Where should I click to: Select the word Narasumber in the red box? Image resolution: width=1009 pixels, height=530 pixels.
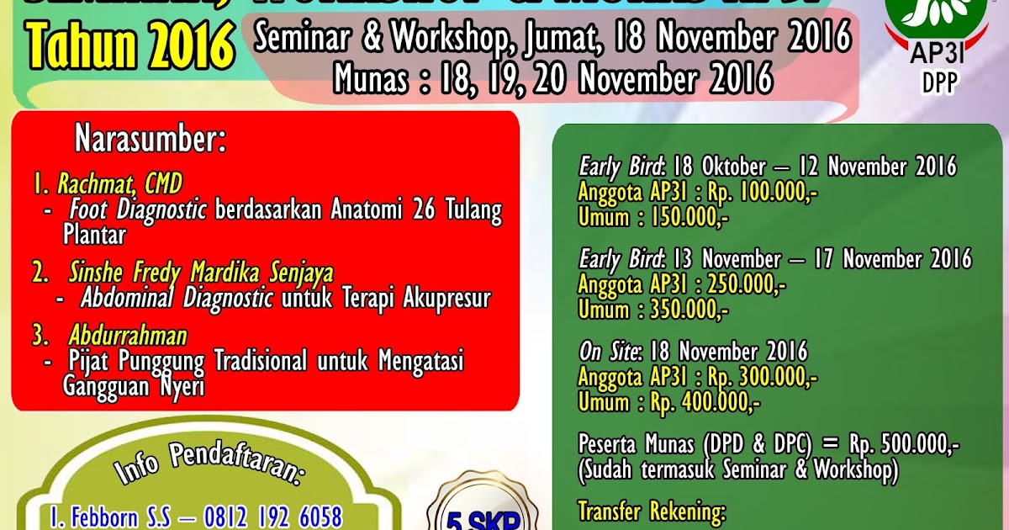(151, 139)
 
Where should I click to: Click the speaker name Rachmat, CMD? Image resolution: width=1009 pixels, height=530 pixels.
(119, 183)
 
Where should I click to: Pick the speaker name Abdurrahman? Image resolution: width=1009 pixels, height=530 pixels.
(128, 337)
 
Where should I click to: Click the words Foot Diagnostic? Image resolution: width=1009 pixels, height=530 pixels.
(138, 209)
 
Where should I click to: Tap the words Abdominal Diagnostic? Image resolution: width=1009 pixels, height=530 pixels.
(177, 298)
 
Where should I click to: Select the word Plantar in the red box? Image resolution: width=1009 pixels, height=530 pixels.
(94, 235)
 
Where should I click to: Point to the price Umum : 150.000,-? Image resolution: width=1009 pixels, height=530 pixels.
(653, 217)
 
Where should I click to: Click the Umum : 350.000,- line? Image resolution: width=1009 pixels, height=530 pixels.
(653, 310)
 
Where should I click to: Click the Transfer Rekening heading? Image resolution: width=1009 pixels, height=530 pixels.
(651, 511)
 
